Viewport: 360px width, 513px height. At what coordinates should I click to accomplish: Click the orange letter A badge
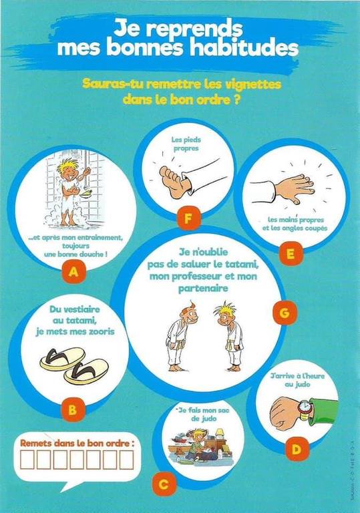pyautogui.click(x=73, y=272)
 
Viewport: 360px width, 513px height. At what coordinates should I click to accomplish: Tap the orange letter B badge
pyautogui.click(x=72, y=410)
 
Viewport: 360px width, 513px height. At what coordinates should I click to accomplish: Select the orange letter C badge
pyautogui.click(x=164, y=484)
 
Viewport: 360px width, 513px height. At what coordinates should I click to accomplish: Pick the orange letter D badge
pyautogui.click(x=297, y=449)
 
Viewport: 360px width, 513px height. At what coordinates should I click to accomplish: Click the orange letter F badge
pyautogui.click(x=188, y=218)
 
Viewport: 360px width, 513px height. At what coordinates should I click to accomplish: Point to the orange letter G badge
pyautogui.click(x=285, y=313)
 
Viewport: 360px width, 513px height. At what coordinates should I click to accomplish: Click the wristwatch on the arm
pyautogui.click(x=305, y=410)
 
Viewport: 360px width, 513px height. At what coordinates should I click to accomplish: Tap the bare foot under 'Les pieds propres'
pyautogui.click(x=174, y=182)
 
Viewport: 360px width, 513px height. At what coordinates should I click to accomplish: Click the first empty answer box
pyautogui.click(x=27, y=460)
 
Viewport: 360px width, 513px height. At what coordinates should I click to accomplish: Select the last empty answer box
pyautogui.click(x=126, y=460)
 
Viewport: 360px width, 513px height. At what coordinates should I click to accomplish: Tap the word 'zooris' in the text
pyautogui.click(x=98, y=332)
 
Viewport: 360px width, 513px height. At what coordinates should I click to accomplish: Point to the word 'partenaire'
pyautogui.click(x=203, y=289)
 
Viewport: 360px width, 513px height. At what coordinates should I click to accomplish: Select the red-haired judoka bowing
pyautogui.click(x=180, y=337)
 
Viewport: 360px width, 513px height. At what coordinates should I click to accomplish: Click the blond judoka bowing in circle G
pyautogui.click(x=230, y=337)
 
